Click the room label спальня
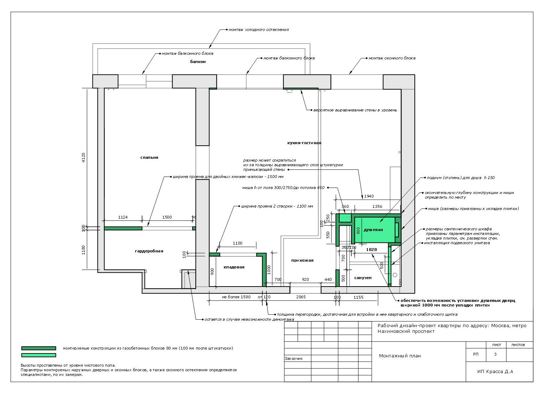pos(149,158)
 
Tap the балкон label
pos(198,62)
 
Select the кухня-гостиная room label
pos(304,143)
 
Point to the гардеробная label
pos(149,251)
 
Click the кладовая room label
pos(234,267)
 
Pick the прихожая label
pos(302,260)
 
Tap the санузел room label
pos(363,278)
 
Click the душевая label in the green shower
pos(373,230)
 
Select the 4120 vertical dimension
pos(84,158)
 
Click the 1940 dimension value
pos(368,196)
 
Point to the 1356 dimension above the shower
pos(377,206)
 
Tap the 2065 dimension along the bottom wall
pos(301,297)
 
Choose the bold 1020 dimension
pos(372,250)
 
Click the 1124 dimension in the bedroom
pos(122,217)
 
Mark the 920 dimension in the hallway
pos(305,279)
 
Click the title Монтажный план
pos(400,356)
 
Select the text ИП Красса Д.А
pos(495,371)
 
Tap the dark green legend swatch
pos(38,348)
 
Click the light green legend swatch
pos(38,355)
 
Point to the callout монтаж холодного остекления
pos(258,30)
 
